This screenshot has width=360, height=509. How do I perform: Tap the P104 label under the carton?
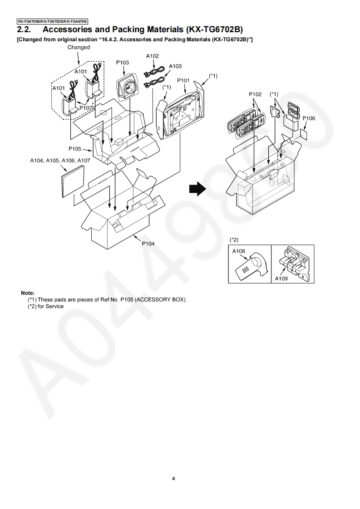coord(148,244)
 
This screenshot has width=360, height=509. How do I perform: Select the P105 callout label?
coord(75,148)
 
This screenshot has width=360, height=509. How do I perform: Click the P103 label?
coord(123,63)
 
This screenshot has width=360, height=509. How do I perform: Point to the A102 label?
coord(153,56)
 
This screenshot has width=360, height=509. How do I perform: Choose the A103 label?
coord(175,66)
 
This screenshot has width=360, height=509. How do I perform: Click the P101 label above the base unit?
coord(183,80)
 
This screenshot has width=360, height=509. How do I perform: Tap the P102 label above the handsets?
coord(255,94)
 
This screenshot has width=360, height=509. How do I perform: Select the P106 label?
coord(309,118)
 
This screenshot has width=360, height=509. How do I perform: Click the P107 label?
coord(86,108)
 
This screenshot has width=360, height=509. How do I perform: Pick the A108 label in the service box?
coord(239,251)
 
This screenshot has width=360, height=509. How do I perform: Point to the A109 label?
coord(281,279)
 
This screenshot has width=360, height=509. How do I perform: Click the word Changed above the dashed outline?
coord(79,47)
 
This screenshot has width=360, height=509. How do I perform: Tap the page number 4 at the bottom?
coord(173,479)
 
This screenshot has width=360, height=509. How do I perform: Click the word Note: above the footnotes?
coord(28,293)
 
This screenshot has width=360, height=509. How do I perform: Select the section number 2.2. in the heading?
coord(25,29)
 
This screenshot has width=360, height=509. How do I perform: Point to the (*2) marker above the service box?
coord(234,239)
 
